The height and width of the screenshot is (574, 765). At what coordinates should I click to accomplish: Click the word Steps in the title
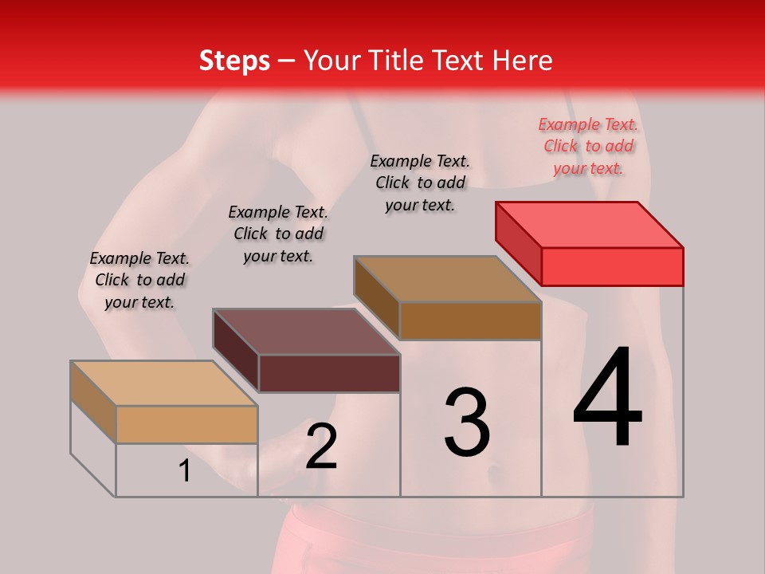[x=234, y=61]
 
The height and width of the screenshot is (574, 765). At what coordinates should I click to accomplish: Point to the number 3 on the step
[x=467, y=423]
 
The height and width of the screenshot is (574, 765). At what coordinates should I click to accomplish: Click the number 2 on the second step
[x=321, y=446]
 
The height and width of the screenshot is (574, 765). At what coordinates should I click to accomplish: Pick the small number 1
[x=185, y=471]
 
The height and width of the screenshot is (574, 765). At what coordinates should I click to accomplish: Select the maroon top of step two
[x=307, y=332]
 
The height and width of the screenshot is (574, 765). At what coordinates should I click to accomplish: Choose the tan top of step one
[x=164, y=383]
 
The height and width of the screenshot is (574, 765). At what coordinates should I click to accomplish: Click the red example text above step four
[x=588, y=146]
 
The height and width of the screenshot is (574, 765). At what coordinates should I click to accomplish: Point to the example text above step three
[x=420, y=183]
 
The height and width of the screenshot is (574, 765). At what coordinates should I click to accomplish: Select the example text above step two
[x=278, y=234]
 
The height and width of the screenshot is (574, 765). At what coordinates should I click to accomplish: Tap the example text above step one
[x=139, y=280]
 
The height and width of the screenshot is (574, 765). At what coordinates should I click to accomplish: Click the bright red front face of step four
[x=612, y=266]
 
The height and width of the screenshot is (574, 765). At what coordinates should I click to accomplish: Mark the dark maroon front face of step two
[x=329, y=374]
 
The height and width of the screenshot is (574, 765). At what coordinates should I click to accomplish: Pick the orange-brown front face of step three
[x=470, y=321]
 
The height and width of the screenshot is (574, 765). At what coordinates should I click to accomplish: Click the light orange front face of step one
[x=186, y=425]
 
